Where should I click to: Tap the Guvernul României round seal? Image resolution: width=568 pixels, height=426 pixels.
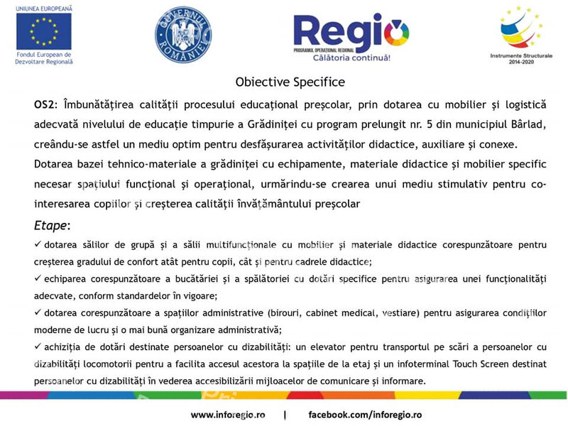coord(183,35)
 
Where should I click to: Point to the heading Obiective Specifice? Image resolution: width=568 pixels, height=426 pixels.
coord(290,82)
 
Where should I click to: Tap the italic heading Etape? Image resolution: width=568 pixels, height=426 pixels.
coord(51,225)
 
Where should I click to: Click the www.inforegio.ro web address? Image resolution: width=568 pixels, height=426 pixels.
coord(228,414)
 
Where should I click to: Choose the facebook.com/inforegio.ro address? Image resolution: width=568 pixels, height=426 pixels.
coord(365,414)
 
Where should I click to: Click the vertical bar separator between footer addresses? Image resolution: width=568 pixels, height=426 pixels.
coord(285,414)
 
